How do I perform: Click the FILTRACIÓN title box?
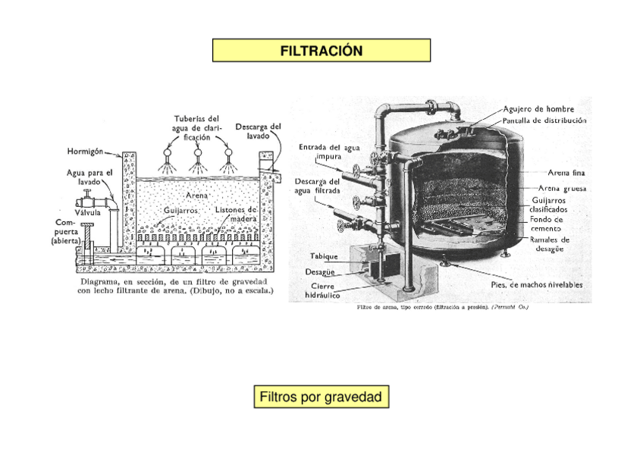[x=321, y=51]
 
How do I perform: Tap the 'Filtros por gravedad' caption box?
[x=321, y=397]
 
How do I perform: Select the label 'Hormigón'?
[x=86, y=150]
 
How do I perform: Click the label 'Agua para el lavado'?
[x=89, y=177]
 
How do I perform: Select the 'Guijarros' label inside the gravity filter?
[x=181, y=209]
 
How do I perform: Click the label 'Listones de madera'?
[x=236, y=214]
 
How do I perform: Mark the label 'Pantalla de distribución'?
[x=544, y=120]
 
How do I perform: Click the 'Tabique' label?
[x=325, y=256]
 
